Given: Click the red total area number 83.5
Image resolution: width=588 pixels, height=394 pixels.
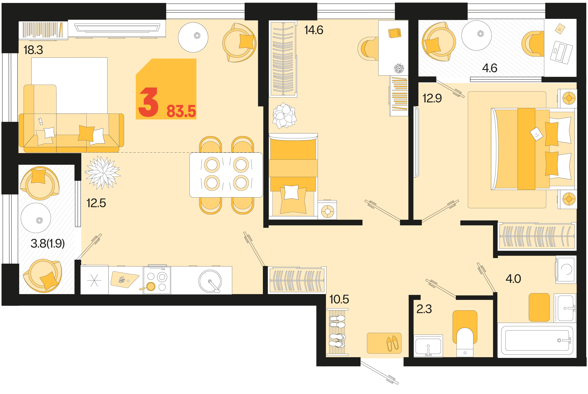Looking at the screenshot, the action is [x=181, y=111].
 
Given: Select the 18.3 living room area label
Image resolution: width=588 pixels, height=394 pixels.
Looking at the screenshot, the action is [x=33, y=50].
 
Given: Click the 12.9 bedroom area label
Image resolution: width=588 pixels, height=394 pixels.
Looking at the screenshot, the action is [x=432, y=98].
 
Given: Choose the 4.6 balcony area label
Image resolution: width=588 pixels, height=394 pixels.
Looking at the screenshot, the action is [x=490, y=68].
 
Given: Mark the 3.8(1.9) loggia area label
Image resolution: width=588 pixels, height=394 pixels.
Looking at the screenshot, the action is [x=48, y=243].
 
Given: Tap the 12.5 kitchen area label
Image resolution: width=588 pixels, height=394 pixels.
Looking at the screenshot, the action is [x=96, y=203].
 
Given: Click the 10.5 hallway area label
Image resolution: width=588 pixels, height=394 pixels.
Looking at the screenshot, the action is [x=339, y=299].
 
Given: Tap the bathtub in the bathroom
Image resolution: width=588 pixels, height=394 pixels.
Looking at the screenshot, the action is [x=537, y=340].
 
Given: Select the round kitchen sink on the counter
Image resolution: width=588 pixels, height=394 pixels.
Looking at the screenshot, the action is [x=210, y=281].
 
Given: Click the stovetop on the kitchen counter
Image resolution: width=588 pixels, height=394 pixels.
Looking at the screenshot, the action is [x=157, y=280].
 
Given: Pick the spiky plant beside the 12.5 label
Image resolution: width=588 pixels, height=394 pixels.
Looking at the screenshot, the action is [x=103, y=172].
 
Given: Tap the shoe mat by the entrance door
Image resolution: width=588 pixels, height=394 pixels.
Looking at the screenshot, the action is [x=384, y=343].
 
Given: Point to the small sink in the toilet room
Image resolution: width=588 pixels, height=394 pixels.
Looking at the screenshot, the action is [x=428, y=346].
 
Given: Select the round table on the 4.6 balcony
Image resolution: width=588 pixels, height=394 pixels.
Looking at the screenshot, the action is [x=477, y=36].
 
